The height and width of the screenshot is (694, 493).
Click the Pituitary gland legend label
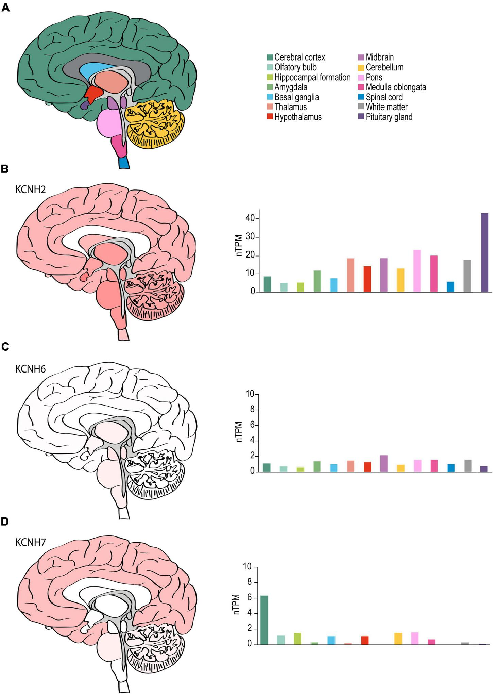pyautogui.click(x=389, y=117)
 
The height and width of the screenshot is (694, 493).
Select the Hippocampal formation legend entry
pyautogui.click(x=312, y=77)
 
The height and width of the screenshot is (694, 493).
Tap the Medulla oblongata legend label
pyautogui.click(x=395, y=87)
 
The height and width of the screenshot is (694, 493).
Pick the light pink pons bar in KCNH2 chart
pyautogui.click(x=417, y=271)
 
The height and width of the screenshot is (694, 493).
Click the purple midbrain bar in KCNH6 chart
pyautogui.click(x=384, y=463)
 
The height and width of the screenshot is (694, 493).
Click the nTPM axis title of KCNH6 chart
pyautogui.click(x=239, y=432)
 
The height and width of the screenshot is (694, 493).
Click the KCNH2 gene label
pyautogui.click(x=30, y=189)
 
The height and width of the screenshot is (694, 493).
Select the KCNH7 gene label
pyautogui.click(x=30, y=542)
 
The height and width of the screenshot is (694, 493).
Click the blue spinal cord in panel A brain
pyautogui.click(x=124, y=163)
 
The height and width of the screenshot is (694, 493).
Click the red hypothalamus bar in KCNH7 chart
pyautogui.click(x=365, y=640)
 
